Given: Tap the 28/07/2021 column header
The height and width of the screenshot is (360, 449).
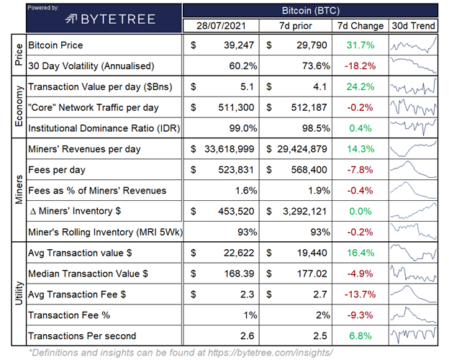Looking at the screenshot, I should coord(222,26).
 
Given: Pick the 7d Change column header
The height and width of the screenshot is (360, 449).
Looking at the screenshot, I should coord(360,26).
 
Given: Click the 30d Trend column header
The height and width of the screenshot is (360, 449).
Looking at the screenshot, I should coord(413,26).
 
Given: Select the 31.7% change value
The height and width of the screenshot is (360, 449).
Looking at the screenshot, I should coord(360,45).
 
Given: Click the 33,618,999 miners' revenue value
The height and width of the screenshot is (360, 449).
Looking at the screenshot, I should coord(225,149).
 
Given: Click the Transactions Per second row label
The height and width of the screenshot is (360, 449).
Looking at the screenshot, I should coord(81,336).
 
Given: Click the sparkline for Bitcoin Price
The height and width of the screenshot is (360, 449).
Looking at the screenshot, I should coord(413,45).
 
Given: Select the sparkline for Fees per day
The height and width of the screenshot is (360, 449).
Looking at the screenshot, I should coord(413,170).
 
